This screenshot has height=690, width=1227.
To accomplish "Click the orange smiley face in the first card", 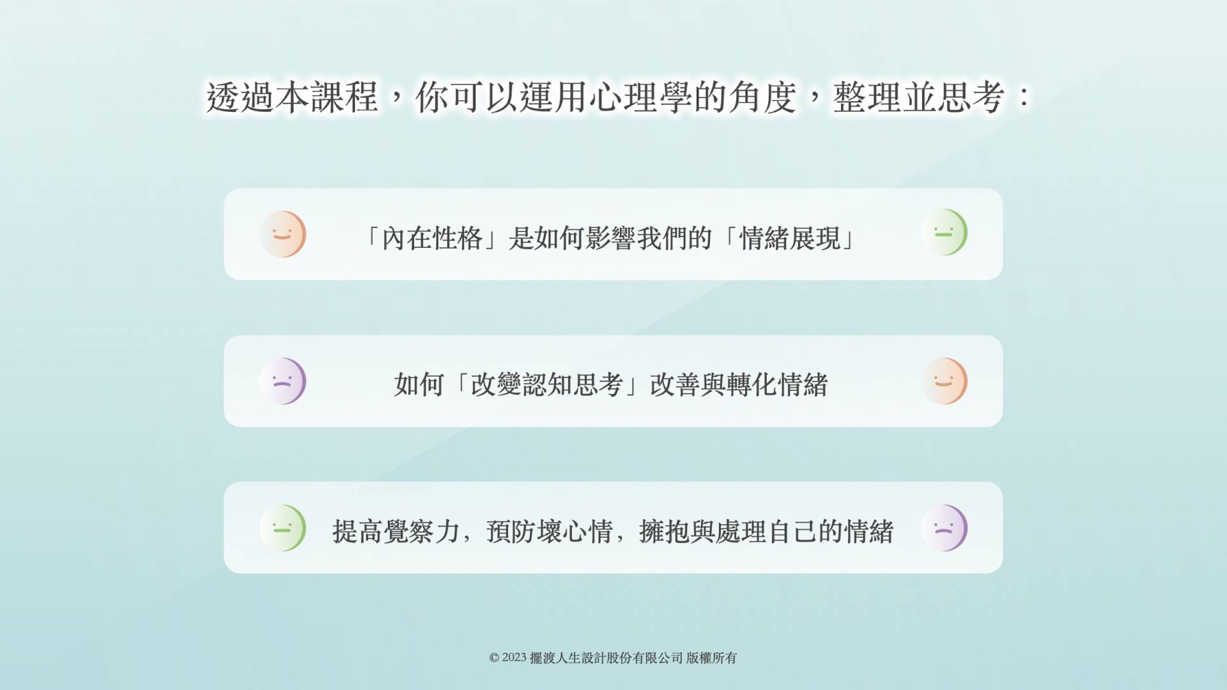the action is point(282,234).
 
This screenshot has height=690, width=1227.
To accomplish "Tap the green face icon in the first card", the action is point(944,232).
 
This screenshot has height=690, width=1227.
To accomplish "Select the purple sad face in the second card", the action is point(282,381).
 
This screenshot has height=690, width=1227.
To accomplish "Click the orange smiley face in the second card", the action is point(944,381).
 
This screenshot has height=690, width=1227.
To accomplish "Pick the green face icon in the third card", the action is point(282,528).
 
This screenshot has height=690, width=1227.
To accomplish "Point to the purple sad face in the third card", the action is point(944,528).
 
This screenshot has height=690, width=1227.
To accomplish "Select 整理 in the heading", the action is point(867,98).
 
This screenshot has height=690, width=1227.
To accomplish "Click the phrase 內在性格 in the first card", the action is point(432,238).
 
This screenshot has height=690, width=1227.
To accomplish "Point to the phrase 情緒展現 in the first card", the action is point(790,238).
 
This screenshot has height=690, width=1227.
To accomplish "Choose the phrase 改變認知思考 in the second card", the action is point(547,385).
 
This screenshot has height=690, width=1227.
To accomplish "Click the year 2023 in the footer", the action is point(514,657).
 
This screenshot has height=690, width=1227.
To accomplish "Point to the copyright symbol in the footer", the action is point(494,658).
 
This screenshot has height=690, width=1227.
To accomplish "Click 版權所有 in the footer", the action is point(712,658).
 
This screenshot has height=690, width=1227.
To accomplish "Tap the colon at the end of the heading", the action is point(1024,97).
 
